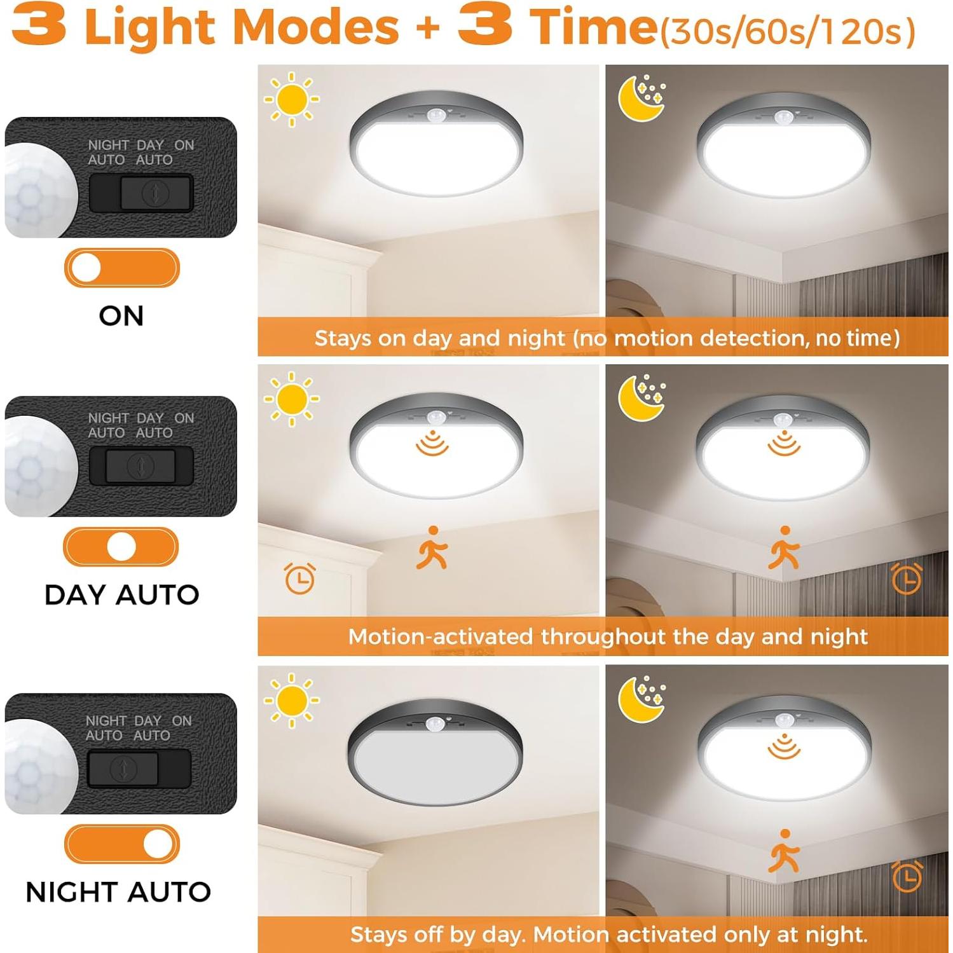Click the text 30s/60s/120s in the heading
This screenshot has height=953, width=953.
coord(787,32)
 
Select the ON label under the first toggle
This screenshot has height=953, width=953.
coord(121,316)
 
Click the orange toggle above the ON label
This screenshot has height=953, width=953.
coord(121,268)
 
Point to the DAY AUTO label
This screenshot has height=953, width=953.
coord(121,595)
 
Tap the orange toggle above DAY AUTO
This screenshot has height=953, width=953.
coord(121,547)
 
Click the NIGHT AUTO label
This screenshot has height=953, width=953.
coord(118,892)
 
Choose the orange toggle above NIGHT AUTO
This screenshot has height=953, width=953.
coord(121,844)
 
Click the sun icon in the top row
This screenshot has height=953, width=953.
coord(292,99)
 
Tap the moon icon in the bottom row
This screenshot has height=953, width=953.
coord(641,700)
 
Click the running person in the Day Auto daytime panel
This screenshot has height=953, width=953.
coord(432,547)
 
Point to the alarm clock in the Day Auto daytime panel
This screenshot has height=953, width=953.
coord(299,579)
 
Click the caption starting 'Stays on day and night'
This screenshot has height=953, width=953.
coord(607,338)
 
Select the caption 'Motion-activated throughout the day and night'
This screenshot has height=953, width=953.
coord(607,636)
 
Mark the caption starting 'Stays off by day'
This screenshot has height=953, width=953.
coord(608,935)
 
